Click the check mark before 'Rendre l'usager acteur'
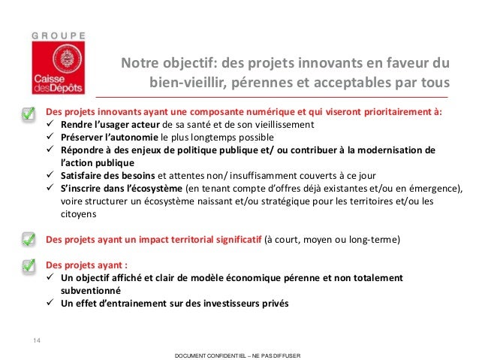[51, 126]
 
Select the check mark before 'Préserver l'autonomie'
[51, 138]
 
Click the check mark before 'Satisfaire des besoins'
[51, 175]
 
